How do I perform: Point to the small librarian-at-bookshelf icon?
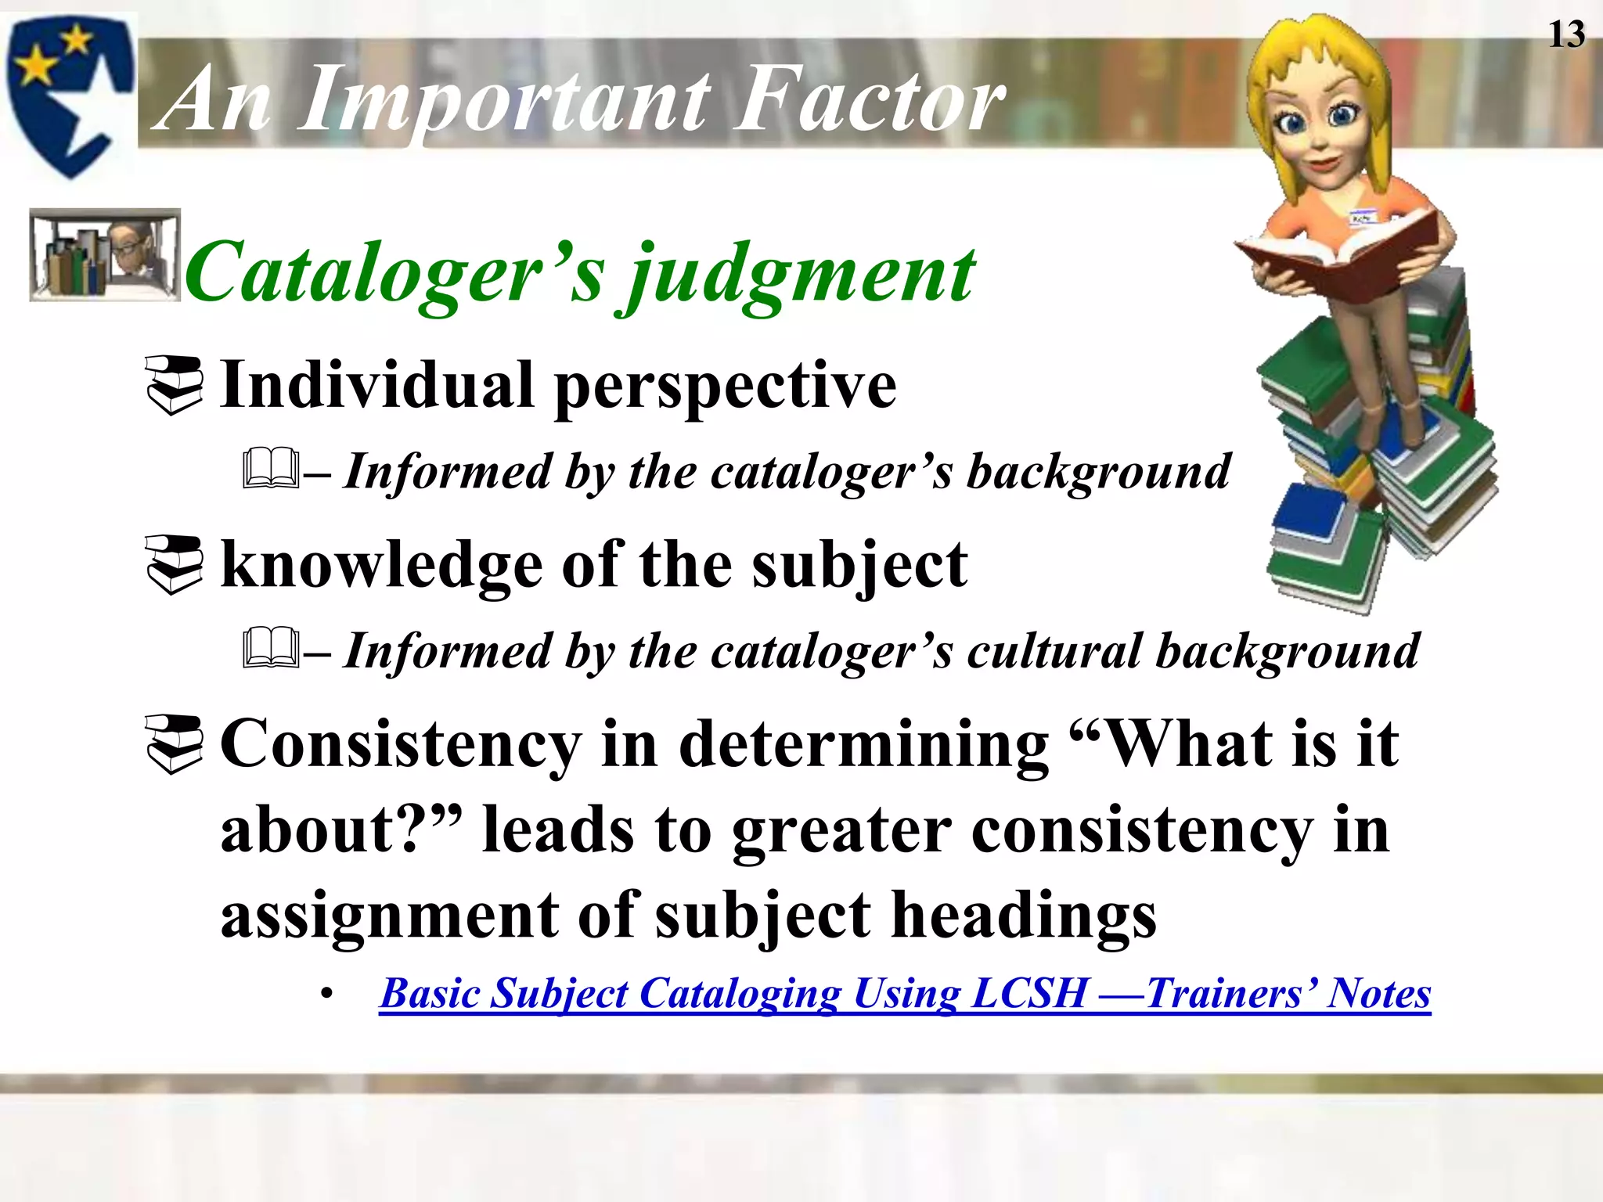coord(104,255)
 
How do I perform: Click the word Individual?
coord(377,385)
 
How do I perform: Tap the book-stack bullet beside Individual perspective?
coord(175,385)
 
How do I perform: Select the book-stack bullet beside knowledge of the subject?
coord(175,565)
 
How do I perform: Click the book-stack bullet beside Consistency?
coord(175,744)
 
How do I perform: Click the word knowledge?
coord(382,565)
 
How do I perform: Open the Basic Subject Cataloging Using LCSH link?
coord(904,995)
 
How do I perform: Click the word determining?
coord(864,744)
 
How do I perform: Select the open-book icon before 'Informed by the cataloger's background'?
coord(270,470)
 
